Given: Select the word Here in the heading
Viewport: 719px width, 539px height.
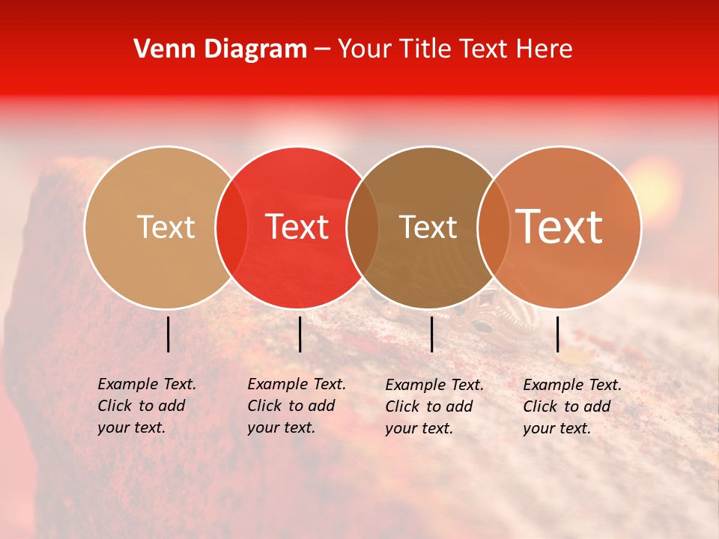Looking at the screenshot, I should (546, 49).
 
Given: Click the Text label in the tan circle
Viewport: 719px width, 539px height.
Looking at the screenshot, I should (166, 227).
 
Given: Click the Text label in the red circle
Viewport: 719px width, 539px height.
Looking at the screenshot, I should (297, 227).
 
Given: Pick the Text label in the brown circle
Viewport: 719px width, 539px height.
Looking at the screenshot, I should (428, 227).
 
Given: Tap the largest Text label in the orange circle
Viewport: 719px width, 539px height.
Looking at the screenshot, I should (559, 226).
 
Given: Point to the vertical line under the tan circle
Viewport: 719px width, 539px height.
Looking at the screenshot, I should (168, 334).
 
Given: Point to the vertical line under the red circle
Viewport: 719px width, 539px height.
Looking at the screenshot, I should (300, 334).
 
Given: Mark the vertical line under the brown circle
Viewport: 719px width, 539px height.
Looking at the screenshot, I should (431, 334).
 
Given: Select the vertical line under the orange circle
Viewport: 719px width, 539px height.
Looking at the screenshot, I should (557, 334).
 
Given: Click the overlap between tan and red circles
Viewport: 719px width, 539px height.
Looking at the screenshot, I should (231, 227).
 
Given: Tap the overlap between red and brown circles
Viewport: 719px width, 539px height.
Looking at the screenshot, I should (362, 227).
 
